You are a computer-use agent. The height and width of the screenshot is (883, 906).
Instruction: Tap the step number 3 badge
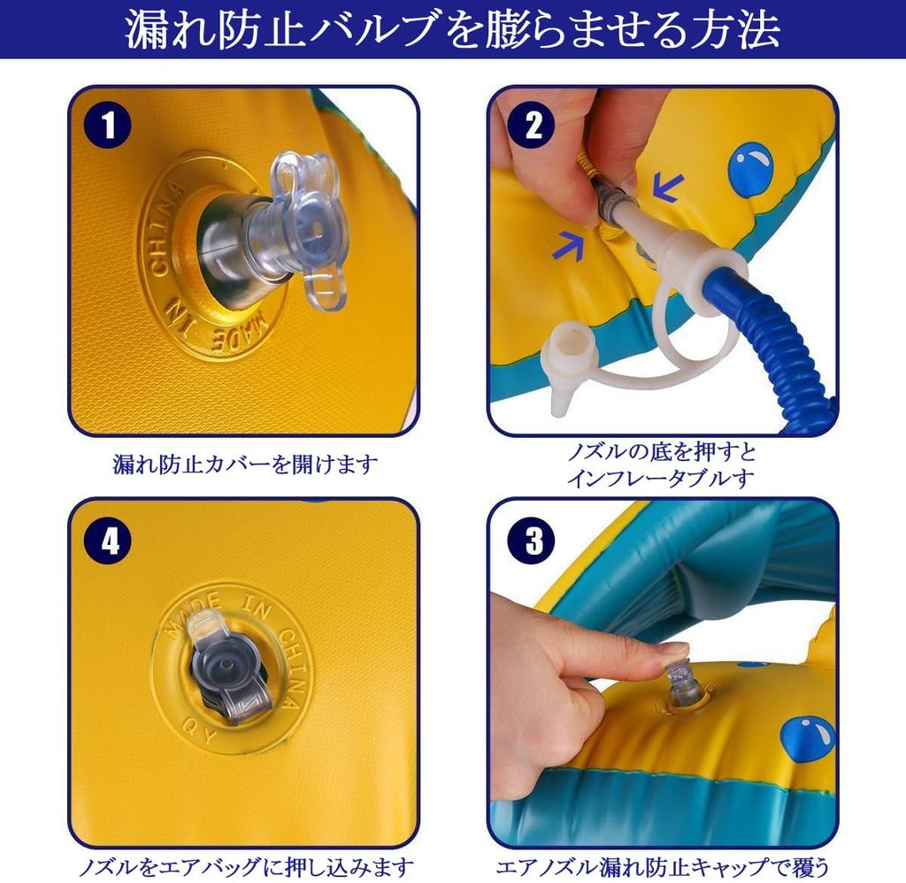pos(532,541)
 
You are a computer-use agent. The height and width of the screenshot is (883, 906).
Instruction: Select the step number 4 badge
pos(107,541)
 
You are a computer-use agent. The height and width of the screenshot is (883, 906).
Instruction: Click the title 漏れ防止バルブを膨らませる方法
pos(453,29)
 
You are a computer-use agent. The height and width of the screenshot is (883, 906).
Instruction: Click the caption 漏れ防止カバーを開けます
pos(246,465)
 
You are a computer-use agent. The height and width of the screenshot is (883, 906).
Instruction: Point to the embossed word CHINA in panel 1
pos(163,231)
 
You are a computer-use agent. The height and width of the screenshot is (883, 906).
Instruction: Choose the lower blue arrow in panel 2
pos(569,245)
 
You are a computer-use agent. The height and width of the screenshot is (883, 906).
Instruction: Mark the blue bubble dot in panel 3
pos(808,738)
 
